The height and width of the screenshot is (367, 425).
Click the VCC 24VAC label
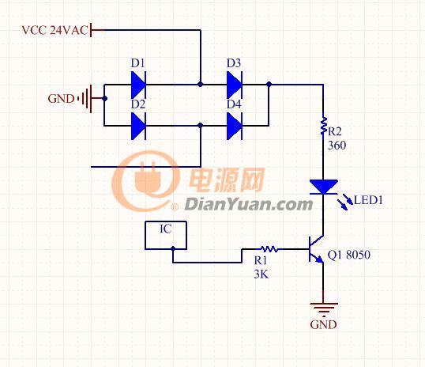[55, 30]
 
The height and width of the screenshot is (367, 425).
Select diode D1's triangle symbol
[138, 85]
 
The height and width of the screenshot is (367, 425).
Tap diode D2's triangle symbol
[138, 126]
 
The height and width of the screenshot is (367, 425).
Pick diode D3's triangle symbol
[234, 85]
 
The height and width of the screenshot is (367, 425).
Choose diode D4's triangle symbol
[234, 126]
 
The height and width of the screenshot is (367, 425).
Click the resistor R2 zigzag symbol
[323, 126]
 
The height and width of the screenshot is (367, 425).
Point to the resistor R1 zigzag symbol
[269, 248]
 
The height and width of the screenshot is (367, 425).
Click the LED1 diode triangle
[324, 187]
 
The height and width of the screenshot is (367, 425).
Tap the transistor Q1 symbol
[316, 249]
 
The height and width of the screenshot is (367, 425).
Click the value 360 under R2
[337, 146]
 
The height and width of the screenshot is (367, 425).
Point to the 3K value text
[261, 274]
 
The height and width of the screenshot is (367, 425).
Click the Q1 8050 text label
[349, 255]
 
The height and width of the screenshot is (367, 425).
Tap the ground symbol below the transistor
[324, 308]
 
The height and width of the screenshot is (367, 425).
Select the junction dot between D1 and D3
[201, 84]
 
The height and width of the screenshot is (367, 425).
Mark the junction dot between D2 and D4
[201, 126]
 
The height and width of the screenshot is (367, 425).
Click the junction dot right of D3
[269, 84]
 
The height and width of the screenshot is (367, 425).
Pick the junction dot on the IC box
[173, 248]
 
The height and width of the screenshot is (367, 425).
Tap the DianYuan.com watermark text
[248, 204]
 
